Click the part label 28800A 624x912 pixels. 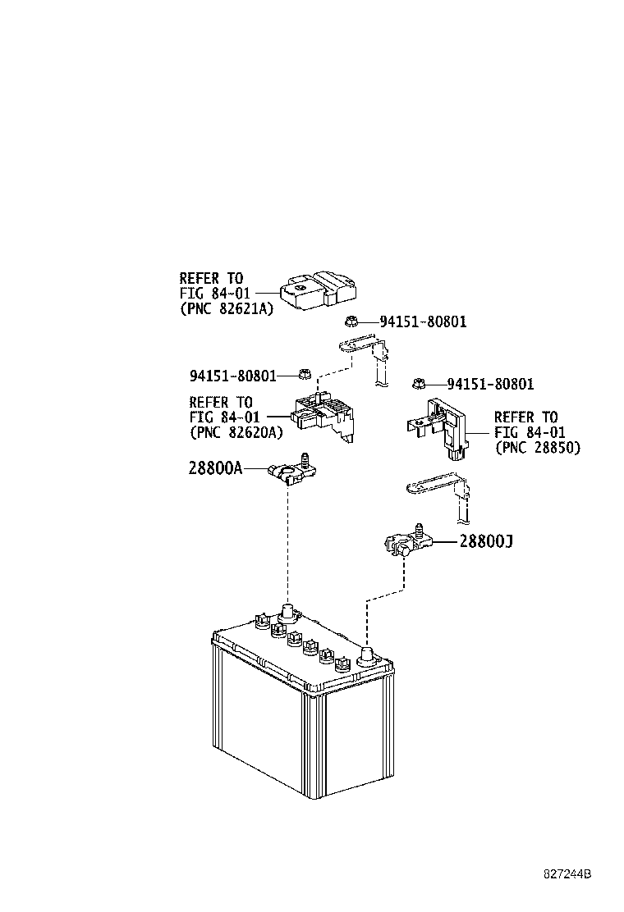[215, 467]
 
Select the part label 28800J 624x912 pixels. [486, 541]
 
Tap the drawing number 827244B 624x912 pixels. [567, 874]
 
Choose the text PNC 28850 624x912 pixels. [537, 447]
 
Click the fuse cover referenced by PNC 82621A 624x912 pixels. [319, 289]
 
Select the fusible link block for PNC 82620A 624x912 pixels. [323, 415]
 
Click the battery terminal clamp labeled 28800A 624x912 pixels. [293, 469]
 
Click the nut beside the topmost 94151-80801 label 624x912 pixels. [351, 321]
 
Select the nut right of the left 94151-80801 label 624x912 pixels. [303, 374]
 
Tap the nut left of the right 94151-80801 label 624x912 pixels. [417, 383]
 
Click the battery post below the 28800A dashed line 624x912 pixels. [287, 613]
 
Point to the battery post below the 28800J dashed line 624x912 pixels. [367, 655]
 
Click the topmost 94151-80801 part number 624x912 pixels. [423, 321]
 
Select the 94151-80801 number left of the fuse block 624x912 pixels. [233, 376]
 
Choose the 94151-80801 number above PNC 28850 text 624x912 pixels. [490, 384]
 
